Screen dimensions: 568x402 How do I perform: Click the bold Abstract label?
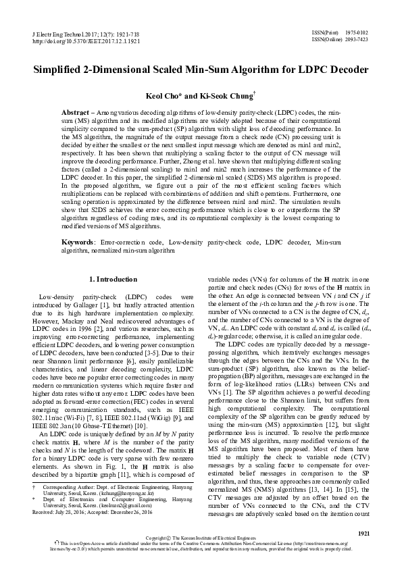[x=76, y=111]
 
